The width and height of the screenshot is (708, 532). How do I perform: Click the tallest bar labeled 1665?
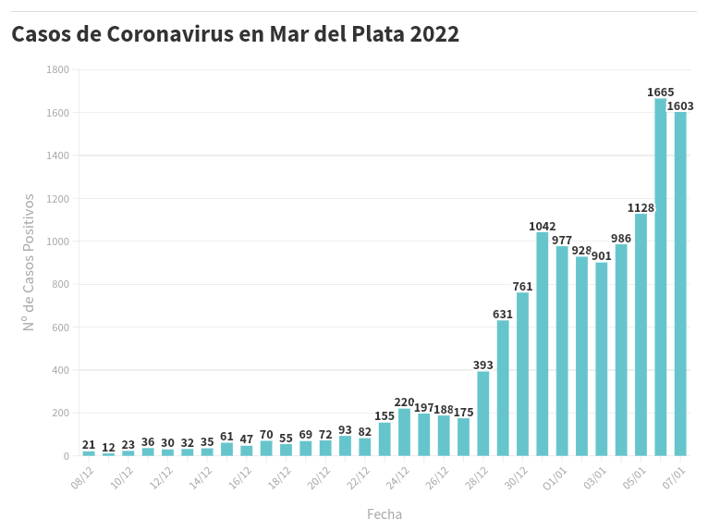coord(661,278)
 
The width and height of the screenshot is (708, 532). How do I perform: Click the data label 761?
coord(523,287)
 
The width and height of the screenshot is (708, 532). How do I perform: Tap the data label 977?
coord(562,241)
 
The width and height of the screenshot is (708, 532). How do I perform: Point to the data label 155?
coord(385,416)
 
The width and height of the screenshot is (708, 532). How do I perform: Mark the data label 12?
coord(108,448)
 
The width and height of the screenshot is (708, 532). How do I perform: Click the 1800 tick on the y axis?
coord(57,70)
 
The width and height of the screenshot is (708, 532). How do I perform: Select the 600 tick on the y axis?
coord(60,328)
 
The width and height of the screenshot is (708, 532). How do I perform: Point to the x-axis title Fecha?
coord(385,514)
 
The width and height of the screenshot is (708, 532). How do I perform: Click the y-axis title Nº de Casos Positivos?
coord(30,262)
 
